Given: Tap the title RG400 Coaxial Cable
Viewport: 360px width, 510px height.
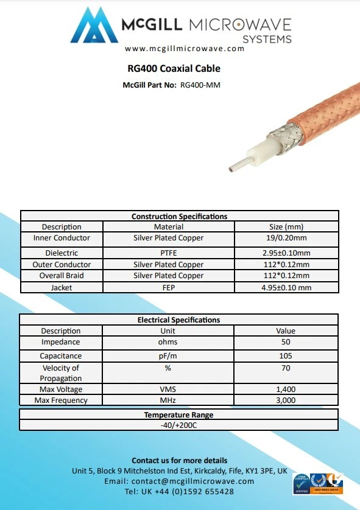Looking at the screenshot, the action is [x=174, y=69].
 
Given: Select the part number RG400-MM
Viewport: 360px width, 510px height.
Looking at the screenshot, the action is [x=200, y=85].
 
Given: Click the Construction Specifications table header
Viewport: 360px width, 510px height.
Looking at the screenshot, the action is [x=179, y=216].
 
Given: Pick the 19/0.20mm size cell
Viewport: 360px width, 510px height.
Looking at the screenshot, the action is [x=285, y=238].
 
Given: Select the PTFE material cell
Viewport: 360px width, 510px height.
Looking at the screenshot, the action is [x=168, y=253].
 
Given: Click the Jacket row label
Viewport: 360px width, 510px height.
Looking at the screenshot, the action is [x=61, y=287].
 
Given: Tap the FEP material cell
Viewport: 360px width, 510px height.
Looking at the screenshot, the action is [x=168, y=287].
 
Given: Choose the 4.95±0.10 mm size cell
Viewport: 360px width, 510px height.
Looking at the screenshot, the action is [x=285, y=287].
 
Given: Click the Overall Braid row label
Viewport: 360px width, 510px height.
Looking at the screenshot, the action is [x=61, y=276].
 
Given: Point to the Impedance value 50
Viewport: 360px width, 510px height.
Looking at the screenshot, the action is [x=285, y=343].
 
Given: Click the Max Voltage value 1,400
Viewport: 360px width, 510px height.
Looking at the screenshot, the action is [x=285, y=389].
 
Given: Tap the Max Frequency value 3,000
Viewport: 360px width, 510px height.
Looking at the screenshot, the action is [x=285, y=400].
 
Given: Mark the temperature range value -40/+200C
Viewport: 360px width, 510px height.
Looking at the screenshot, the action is [x=179, y=425].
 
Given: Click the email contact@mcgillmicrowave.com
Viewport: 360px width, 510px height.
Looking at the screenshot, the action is [x=179, y=481].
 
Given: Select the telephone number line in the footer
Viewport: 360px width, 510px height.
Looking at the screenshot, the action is [x=179, y=492].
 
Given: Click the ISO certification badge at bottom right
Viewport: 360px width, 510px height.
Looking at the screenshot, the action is [x=327, y=484].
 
